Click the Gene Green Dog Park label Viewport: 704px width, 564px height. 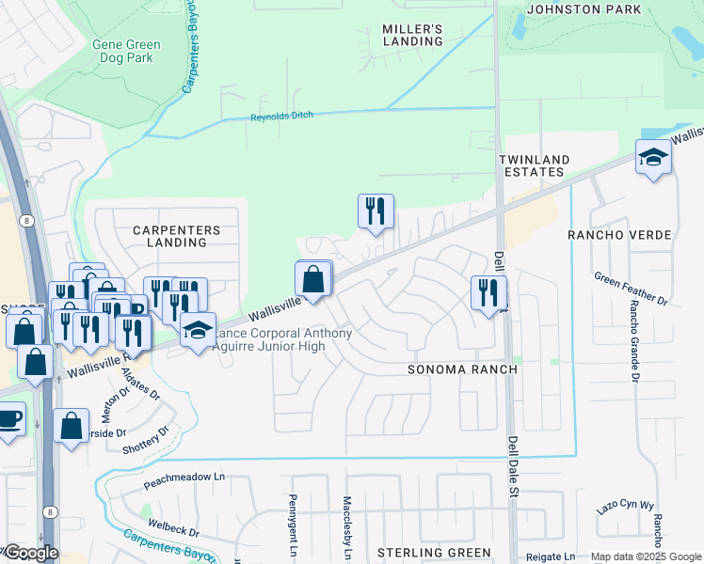126,51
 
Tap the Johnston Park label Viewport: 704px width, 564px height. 584,9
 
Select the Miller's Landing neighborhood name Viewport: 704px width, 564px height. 412,36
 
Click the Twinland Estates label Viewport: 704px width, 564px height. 532,166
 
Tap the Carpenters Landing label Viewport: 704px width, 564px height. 176,236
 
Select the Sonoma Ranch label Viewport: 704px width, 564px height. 462,369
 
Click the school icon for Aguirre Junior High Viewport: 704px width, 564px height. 198,331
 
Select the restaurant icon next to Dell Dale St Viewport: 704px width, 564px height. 488,293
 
